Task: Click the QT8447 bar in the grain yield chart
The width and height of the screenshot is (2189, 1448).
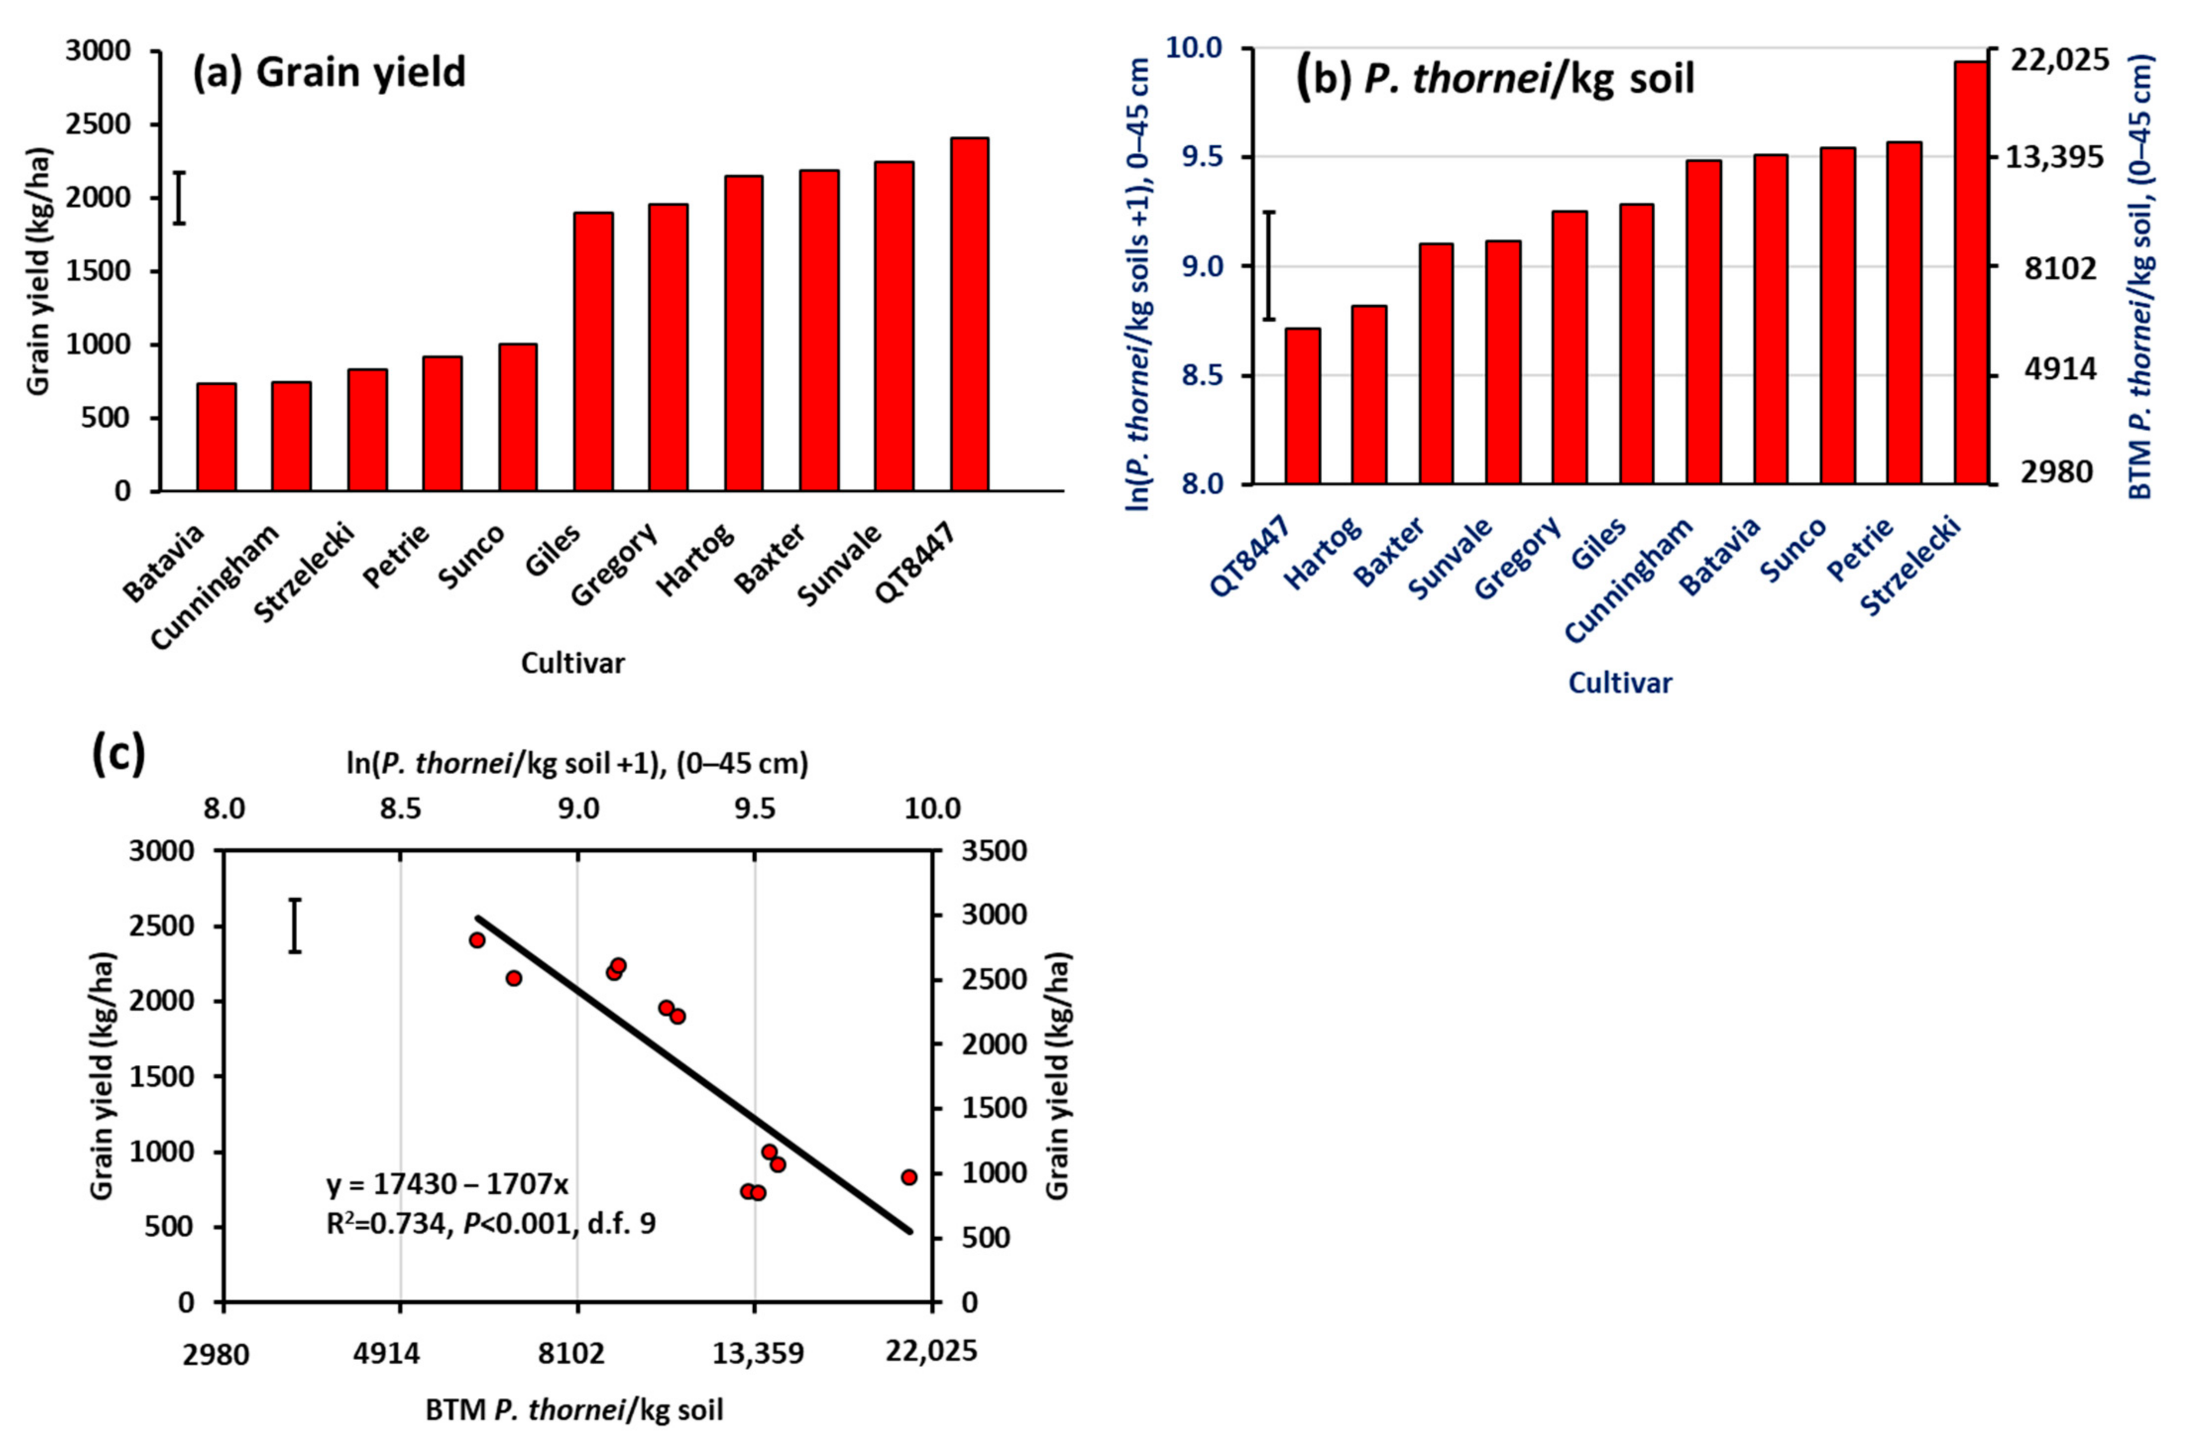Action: [968, 314]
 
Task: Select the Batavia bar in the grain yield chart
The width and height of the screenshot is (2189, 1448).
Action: [216, 437]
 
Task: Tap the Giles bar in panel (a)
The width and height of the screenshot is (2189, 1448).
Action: [593, 351]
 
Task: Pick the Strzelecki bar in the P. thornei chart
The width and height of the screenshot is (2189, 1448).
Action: [1971, 273]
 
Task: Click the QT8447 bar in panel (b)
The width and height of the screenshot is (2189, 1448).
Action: [1302, 406]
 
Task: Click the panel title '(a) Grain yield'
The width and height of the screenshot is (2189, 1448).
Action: [329, 72]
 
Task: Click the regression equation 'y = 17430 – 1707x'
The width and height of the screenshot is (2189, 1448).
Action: [452, 1185]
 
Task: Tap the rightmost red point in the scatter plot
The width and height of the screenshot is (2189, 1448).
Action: [908, 1176]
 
